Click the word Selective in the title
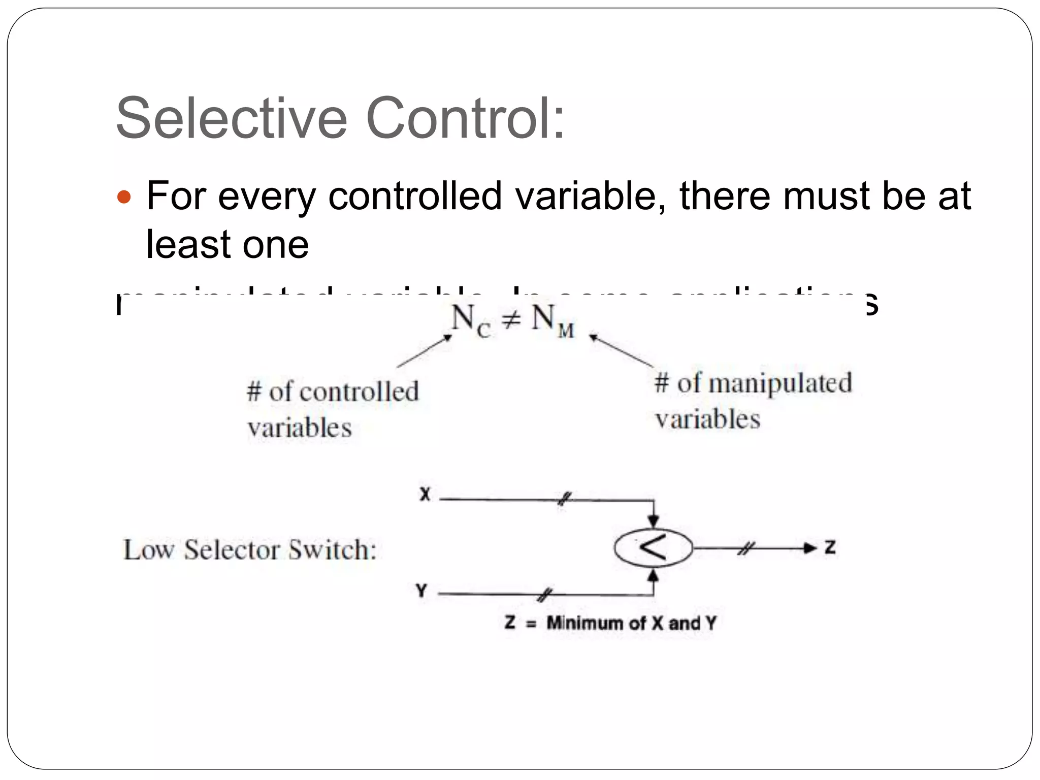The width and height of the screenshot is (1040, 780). click(x=231, y=118)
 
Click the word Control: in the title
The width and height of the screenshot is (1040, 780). click(x=465, y=118)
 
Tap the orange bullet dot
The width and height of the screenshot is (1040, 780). click(x=124, y=197)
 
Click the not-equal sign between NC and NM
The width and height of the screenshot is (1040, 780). click(x=511, y=320)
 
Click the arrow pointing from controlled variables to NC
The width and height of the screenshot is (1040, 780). click(x=424, y=350)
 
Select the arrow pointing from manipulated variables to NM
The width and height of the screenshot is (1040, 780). click(x=621, y=350)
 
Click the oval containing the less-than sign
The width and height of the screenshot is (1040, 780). click(x=653, y=548)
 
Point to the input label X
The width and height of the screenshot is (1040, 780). click(x=425, y=494)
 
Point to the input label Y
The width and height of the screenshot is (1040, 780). click(x=421, y=591)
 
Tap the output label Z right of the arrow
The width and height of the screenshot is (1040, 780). click(x=830, y=547)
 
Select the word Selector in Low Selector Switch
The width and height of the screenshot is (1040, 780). click(x=232, y=550)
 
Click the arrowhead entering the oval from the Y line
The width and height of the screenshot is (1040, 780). click(x=654, y=575)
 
